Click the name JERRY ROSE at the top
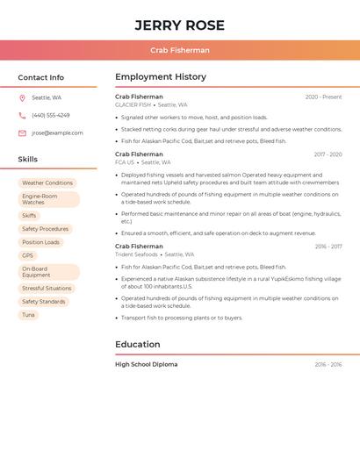coord(179,25)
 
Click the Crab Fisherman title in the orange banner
coord(179,51)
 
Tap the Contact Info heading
coord(40,77)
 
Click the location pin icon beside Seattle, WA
coord(22,97)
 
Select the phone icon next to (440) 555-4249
coord(22,115)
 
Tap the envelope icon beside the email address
coord(22,133)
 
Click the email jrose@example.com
coord(57,133)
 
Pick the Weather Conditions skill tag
coord(47,183)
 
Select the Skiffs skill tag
coord(29,216)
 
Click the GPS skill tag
coord(27,255)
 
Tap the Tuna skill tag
coord(28,315)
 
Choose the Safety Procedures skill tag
coord(45,229)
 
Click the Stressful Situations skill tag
coord(47,289)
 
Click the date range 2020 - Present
coord(323,97)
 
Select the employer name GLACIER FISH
coord(133,104)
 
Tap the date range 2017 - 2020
coord(328,154)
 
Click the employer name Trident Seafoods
coord(136,254)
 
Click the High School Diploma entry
coord(146,364)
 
